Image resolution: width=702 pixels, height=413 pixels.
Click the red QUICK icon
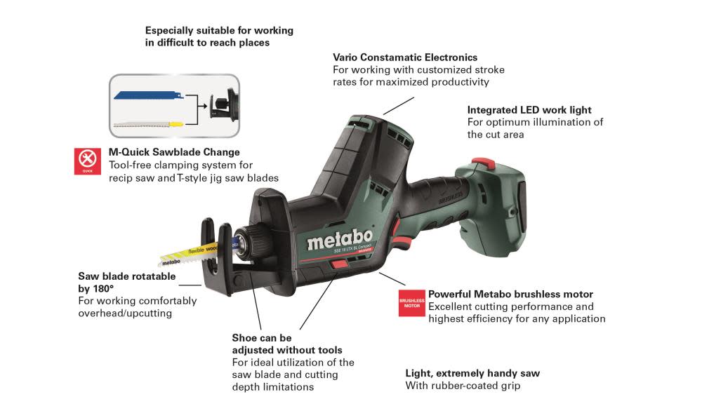click(x=88, y=161)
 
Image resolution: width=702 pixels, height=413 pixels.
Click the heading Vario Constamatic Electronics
click(x=405, y=57)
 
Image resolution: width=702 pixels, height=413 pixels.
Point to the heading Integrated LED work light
click(x=529, y=110)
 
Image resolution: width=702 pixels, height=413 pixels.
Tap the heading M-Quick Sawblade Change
click(x=174, y=152)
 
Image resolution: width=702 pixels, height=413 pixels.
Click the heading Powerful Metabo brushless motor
click(x=510, y=294)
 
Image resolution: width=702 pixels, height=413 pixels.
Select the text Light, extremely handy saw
click(x=472, y=374)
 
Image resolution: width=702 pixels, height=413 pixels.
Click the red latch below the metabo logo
click(x=338, y=265)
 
